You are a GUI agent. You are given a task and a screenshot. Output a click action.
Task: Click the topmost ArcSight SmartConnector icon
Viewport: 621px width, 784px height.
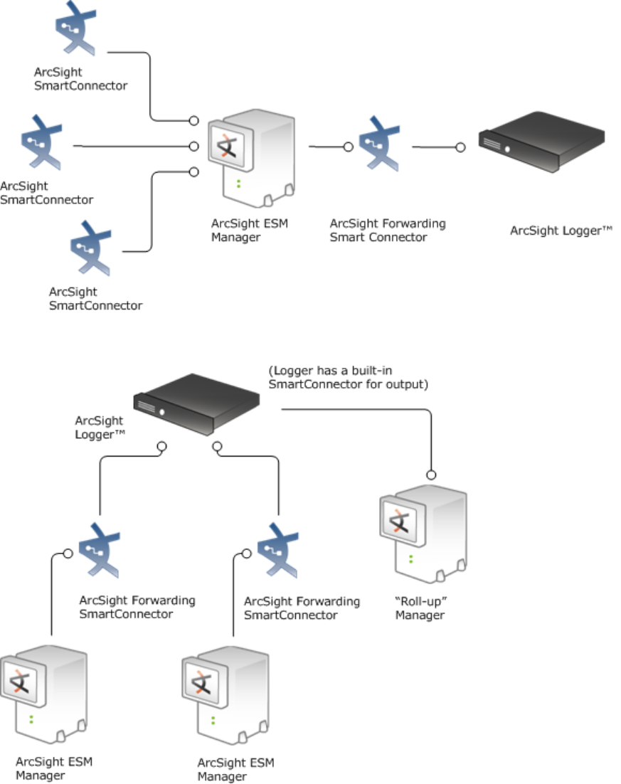[x=75, y=29]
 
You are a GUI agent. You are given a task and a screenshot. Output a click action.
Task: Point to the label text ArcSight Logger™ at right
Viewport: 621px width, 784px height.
[x=561, y=231]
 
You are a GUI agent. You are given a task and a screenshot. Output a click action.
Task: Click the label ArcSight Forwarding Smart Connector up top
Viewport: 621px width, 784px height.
[x=388, y=231]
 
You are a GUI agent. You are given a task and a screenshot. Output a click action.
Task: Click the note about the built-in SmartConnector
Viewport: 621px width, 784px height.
[x=349, y=378]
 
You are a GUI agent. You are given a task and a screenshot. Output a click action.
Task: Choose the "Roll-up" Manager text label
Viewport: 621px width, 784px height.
[x=420, y=609]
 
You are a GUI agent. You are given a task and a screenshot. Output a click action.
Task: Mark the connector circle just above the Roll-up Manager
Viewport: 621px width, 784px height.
[x=430, y=475]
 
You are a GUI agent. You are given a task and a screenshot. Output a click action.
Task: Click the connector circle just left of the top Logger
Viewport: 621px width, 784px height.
[x=460, y=147]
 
